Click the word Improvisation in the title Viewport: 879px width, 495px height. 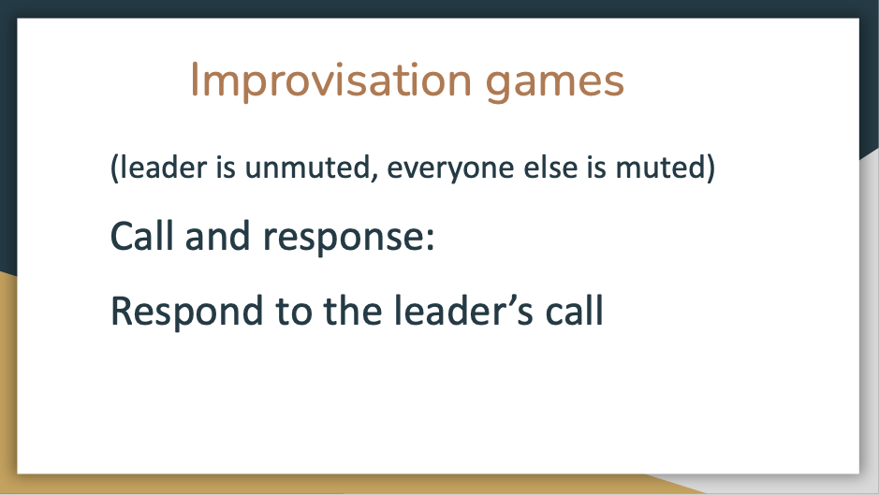pos(330,81)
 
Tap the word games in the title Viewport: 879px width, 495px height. pos(554,84)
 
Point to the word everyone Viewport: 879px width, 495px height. pos(450,169)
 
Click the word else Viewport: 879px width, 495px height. pos(550,167)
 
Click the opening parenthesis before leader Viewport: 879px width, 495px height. pos(114,168)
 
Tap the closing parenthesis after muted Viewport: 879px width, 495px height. pos(711,168)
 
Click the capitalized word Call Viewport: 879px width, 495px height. pos(142,236)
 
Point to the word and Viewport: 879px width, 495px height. pos(217,236)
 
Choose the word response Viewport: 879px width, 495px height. pos(343,240)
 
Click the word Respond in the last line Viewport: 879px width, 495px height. pos(186,312)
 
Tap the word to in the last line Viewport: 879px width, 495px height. pos(293,313)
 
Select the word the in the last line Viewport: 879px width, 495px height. pos(353,311)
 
